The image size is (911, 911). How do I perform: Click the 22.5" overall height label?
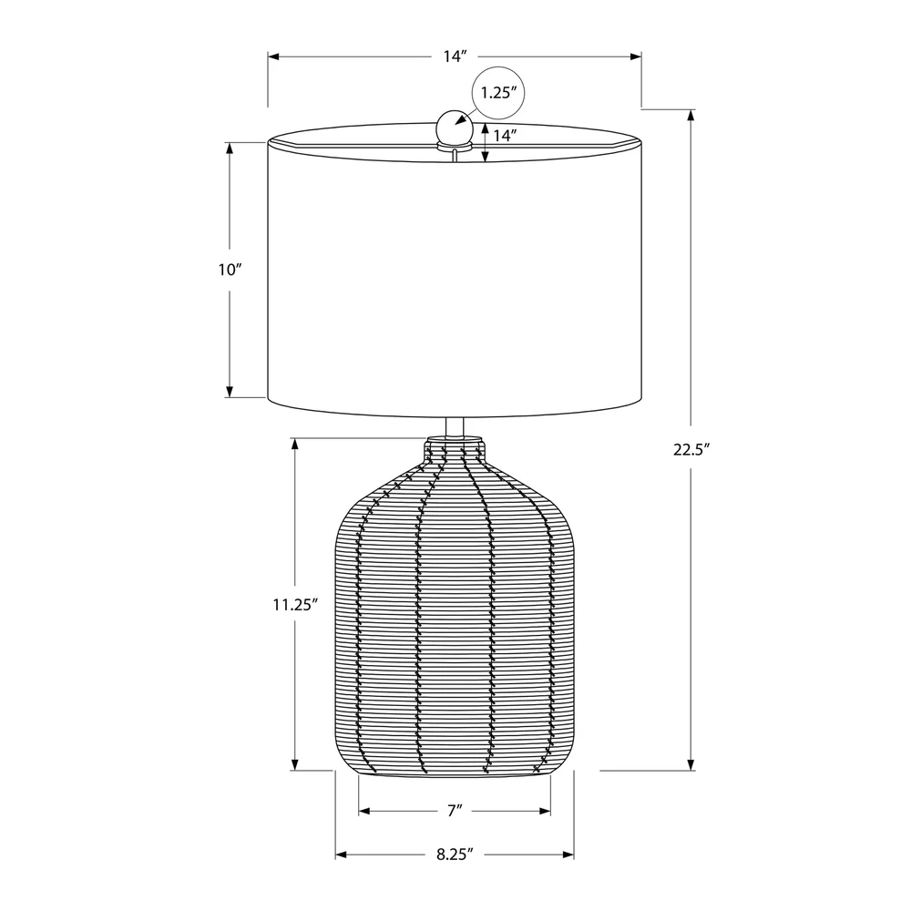(x=692, y=450)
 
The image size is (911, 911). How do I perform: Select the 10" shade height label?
(x=230, y=270)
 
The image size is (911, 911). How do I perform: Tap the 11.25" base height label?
(x=295, y=605)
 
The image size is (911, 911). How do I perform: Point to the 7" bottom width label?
(x=455, y=811)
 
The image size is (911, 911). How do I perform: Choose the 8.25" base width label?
(x=455, y=855)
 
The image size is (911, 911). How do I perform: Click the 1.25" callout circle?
(x=498, y=93)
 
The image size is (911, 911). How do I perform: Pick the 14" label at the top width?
(x=455, y=56)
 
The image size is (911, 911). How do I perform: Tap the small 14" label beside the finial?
(x=505, y=136)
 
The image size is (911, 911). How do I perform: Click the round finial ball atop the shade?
(x=454, y=126)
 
